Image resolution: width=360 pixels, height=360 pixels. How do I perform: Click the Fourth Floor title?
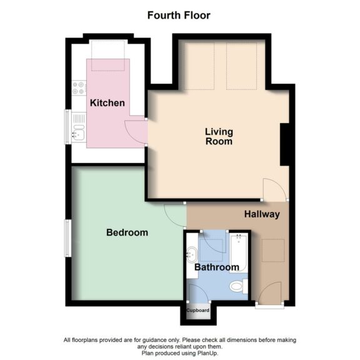[179, 15]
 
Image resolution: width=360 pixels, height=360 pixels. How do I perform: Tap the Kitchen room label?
[107, 102]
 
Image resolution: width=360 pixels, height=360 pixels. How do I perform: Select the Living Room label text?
[219, 136]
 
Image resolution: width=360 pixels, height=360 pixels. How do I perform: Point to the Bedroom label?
[127, 232]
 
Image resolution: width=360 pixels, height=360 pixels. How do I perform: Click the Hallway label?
[261, 214]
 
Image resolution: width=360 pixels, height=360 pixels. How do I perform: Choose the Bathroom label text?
[217, 267]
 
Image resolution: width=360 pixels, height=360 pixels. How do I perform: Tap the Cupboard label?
[197, 310]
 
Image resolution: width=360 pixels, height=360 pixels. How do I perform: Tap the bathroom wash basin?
[192, 254]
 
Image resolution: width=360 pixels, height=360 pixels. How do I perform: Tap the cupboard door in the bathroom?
[196, 293]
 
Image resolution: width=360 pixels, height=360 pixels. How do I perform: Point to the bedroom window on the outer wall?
[68, 237]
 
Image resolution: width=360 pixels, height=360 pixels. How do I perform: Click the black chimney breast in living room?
[284, 144]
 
